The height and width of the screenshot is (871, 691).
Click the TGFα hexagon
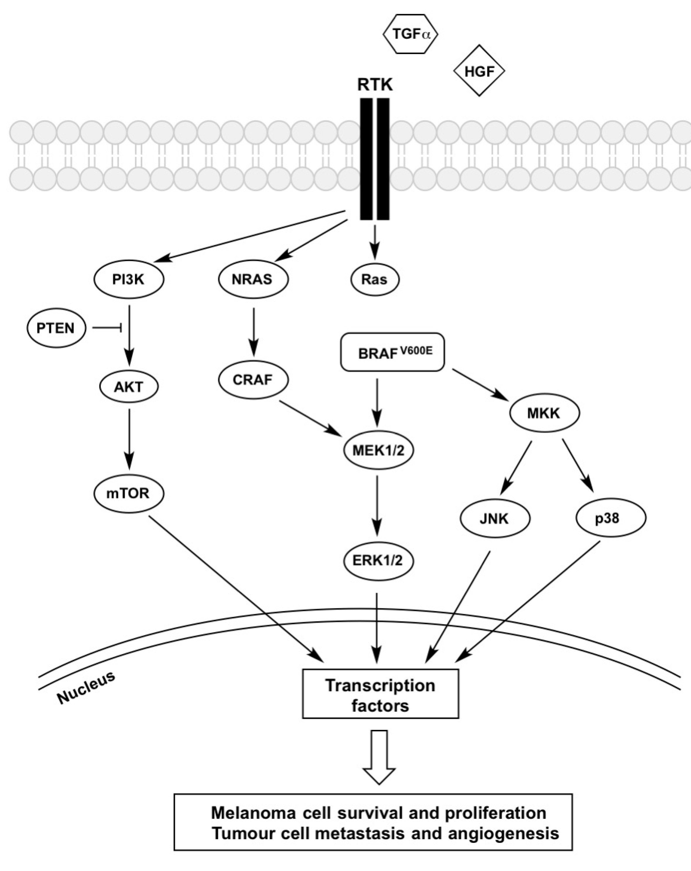(x=410, y=34)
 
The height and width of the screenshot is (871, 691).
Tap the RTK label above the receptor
(x=374, y=85)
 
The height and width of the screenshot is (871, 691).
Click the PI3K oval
(x=129, y=279)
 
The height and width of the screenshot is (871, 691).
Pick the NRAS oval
(x=253, y=279)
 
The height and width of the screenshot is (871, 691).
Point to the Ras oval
(x=374, y=279)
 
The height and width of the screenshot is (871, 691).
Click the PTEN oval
(x=56, y=328)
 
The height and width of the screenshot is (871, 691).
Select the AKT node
(x=129, y=387)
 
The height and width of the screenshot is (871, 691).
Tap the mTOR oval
(x=129, y=493)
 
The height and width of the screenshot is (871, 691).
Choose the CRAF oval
(x=253, y=379)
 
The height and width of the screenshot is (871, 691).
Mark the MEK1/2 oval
(x=378, y=450)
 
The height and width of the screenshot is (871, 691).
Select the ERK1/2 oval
(x=378, y=561)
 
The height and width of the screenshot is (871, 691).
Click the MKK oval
(x=544, y=413)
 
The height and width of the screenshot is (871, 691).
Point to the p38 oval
(x=610, y=518)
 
